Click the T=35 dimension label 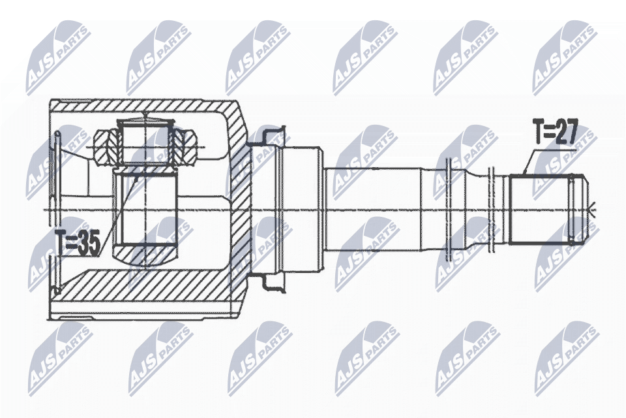pos(77,244)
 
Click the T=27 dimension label pos(555,133)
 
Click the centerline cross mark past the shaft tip pos(593,210)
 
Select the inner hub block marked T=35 pos(145,211)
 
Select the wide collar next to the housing pos(301,209)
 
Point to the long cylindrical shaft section pos(372,209)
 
